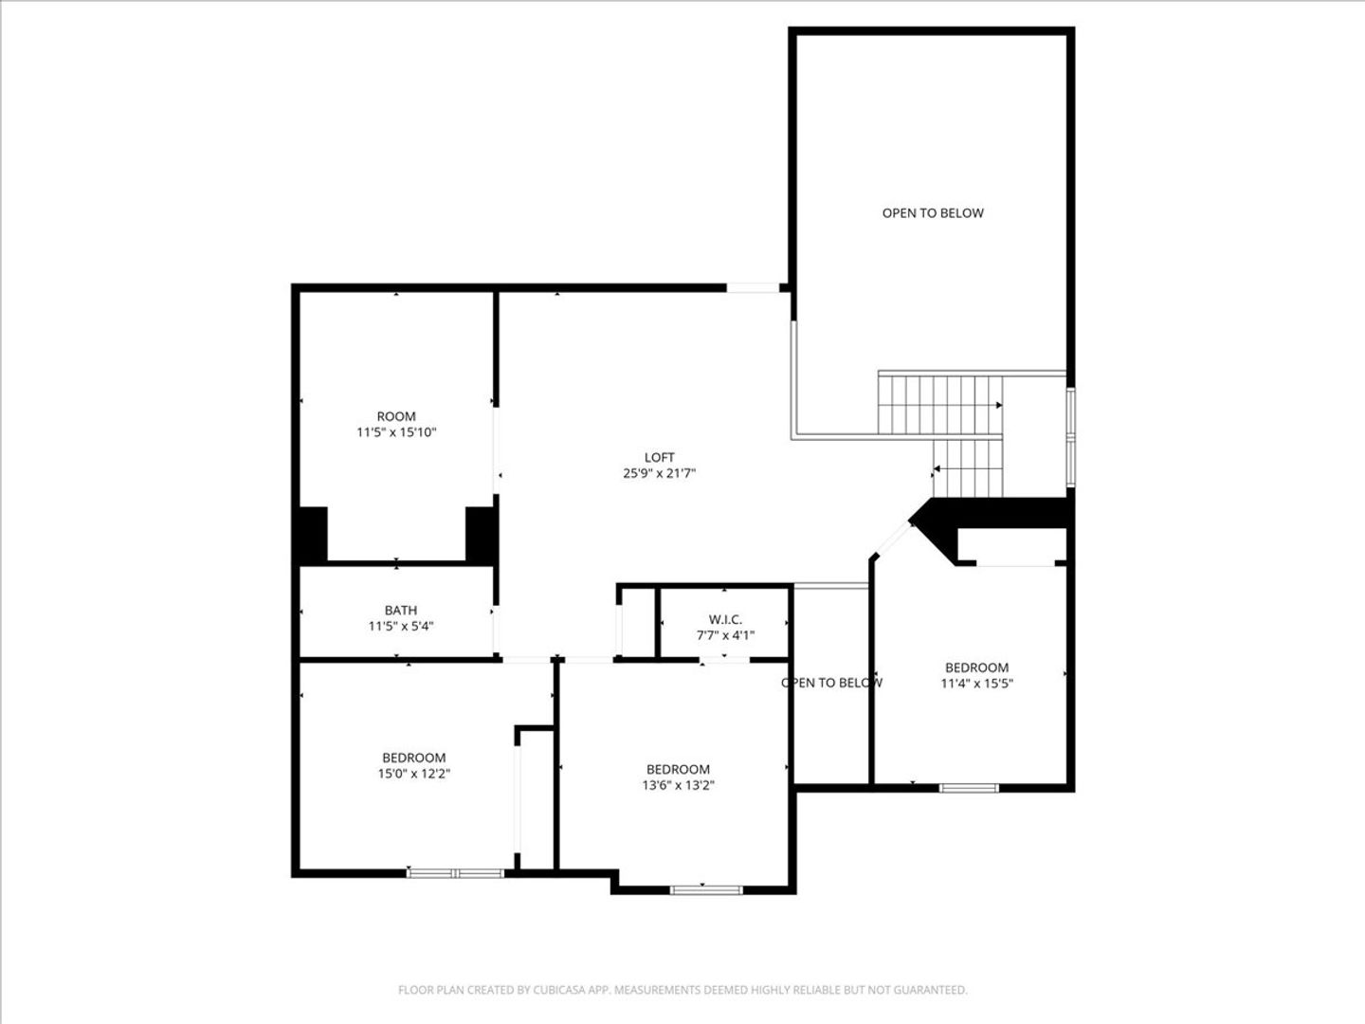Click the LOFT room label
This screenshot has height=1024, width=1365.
(659, 458)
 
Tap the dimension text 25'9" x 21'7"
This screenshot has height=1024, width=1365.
(659, 474)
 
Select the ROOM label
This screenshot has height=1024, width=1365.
(396, 416)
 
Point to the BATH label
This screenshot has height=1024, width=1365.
(400, 611)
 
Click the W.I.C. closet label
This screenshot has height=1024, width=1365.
(725, 620)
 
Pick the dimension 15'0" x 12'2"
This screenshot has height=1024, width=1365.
(413, 774)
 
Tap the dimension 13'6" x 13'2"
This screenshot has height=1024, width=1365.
(678, 785)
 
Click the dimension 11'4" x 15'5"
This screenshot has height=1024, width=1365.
(977, 684)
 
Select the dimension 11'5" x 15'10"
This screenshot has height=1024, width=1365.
(396, 432)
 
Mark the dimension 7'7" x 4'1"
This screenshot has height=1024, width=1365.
(725, 635)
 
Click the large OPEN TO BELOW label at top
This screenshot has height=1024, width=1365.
(933, 213)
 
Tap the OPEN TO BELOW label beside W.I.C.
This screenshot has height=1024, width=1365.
(831, 683)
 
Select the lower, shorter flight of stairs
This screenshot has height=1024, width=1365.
(968, 468)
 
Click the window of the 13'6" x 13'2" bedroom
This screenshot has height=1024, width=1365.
(706, 889)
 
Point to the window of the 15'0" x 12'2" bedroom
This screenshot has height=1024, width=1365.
(455, 873)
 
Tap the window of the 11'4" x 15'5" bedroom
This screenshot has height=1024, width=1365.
(969, 788)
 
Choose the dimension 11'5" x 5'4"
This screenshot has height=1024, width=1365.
(400, 626)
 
